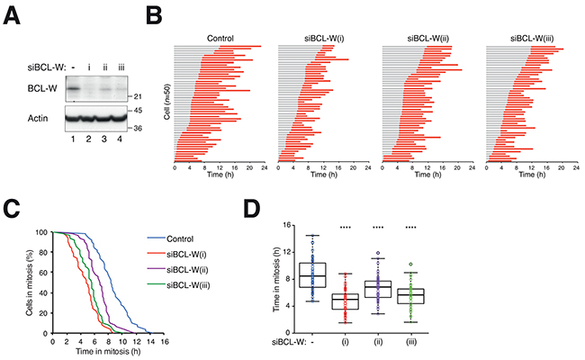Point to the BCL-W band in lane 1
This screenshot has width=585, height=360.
pyautogui.click(x=76, y=88)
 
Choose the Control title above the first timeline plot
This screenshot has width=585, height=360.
pyautogui.click(x=219, y=38)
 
